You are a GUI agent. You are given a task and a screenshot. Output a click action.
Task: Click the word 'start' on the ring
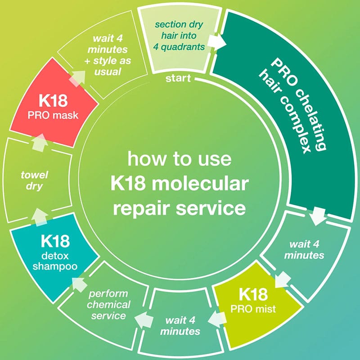pos(178,79)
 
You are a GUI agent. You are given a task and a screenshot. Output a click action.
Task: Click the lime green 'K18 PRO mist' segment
pos(254,299)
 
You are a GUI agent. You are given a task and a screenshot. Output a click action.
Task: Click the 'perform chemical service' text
pos(109,304)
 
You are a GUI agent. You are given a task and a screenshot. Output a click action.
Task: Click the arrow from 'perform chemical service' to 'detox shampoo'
pos(81,283)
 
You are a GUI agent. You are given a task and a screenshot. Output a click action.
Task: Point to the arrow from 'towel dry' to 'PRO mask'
pos(40,143)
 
